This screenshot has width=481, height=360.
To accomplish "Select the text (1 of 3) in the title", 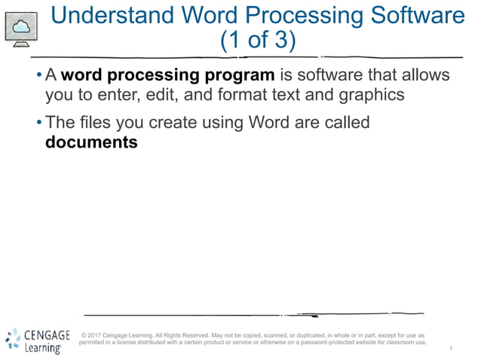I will (x=257, y=40).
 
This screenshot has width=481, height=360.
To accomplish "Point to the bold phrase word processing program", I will (x=167, y=75).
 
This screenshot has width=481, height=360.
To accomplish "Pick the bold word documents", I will (x=92, y=142).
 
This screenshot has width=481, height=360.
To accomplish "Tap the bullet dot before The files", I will (x=38, y=122).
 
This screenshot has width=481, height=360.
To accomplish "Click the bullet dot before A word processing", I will (x=38, y=76).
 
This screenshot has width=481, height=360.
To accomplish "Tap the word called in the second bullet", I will (x=344, y=121).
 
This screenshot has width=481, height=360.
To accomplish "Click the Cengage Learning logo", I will (x=38, y=340).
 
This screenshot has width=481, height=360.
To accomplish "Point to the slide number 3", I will (x=450, y=348).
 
